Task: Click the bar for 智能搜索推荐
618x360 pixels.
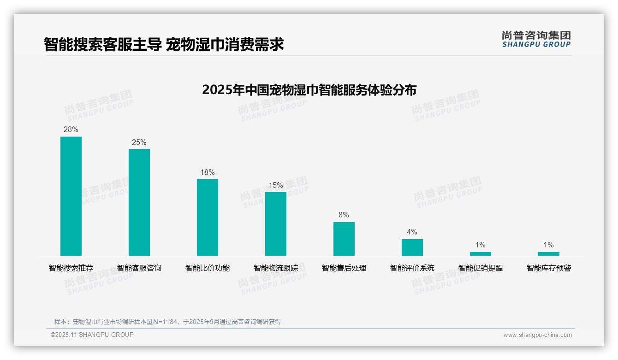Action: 71,196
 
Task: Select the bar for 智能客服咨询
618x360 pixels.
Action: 139,202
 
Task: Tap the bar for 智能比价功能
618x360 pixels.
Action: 208,217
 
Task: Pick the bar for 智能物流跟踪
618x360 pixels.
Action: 276,224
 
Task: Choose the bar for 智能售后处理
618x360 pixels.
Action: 344,239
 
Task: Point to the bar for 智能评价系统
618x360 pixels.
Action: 412,247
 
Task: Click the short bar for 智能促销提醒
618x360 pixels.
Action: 481,254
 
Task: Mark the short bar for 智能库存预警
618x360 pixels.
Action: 548,254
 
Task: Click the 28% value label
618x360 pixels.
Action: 71,130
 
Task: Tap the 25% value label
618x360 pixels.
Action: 139,142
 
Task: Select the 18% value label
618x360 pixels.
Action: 208,173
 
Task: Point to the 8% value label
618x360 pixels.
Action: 344,215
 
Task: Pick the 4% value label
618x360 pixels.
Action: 412,232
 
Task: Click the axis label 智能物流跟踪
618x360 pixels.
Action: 276,268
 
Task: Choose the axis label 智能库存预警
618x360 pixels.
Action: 549,268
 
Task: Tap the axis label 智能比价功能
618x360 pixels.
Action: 208,268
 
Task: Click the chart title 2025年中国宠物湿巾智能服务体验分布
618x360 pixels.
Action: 309,90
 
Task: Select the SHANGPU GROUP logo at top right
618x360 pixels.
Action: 536,39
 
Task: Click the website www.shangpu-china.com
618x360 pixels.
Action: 537,335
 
